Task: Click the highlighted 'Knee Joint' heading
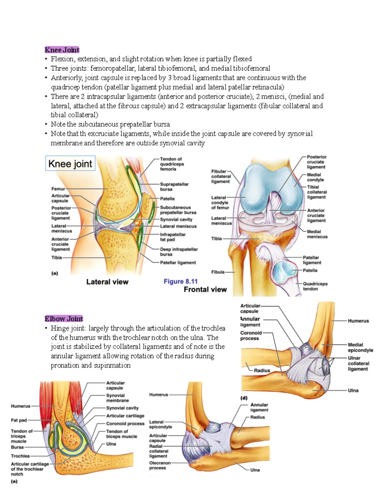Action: [62, 50]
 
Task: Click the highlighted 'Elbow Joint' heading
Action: [64, 319]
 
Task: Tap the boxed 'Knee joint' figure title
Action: [70, 163]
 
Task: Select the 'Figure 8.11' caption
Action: [180, 281]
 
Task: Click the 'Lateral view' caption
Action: [107, 282]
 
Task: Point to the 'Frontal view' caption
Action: [205, 289]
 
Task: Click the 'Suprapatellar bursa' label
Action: [174, 187]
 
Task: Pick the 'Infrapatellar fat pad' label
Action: [173, 237]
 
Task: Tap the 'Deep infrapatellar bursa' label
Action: [179, 252]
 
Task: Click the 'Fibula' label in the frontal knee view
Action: [218, 272]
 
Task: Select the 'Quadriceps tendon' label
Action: [315, 286]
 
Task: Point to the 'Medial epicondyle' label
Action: [361, 347]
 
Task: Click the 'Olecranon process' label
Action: [160, 465]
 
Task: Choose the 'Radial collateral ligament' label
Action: [159, 451]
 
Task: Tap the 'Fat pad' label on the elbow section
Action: [19, 420]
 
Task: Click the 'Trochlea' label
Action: [20, 456]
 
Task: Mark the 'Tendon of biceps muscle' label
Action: [122, 434]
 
